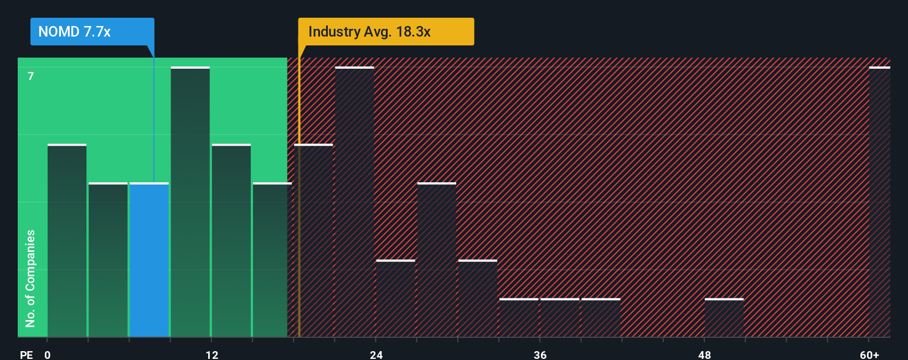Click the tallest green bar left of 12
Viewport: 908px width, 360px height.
(190, 202)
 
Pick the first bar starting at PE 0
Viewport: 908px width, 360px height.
(67, 240)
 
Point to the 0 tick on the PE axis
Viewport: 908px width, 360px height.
(48, 354)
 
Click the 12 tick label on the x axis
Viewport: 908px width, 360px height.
(212, 354)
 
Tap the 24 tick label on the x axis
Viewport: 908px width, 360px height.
(376, 354)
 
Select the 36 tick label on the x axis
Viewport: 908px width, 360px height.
(540, 354)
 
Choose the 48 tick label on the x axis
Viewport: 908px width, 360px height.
(704, 354)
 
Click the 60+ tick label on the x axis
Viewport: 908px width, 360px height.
(869, 354)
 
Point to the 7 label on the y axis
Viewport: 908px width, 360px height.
(31, 76)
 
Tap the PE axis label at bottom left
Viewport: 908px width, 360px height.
(26, 354)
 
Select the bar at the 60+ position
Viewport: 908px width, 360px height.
(879, 202)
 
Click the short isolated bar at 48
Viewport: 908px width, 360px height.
(724, 318)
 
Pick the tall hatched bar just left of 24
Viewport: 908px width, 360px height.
(355, 202)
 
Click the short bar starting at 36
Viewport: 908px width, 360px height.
(560, 318)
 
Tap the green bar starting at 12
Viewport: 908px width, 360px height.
(231, 240)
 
